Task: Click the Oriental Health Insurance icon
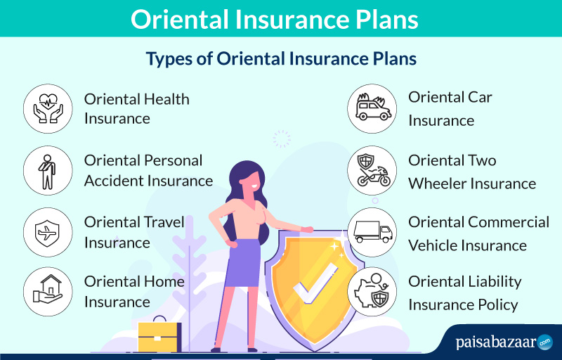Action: click(48, 109)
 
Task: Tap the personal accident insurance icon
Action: click(48, 170)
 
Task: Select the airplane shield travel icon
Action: click(48, 232)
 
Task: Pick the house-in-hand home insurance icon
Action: click(48, 292)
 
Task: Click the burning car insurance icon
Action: click(372, 109)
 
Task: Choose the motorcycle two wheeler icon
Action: click(372, 170)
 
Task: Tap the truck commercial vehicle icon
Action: click(372, 232)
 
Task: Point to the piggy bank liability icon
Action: click(372, 292)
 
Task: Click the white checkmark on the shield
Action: click(315, 283)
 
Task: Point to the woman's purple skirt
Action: click(243, 263)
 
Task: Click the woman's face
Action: click(250, 182)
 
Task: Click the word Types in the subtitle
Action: click(169, 59)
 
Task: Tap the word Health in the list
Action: click(166, 99)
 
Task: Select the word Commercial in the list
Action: click(509, 222)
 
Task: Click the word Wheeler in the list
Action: click(433, 184)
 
